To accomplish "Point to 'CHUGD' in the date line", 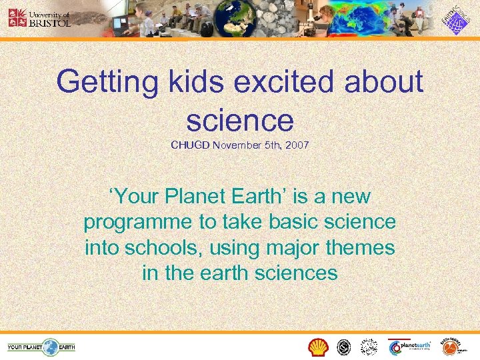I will click(x=190, y=145).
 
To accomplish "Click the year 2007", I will click(x=297, y=145).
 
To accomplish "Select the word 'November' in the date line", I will click(x=236, y=145).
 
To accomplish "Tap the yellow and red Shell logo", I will click(x=319, y=347).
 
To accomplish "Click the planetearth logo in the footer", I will click(x=409, y=347).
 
